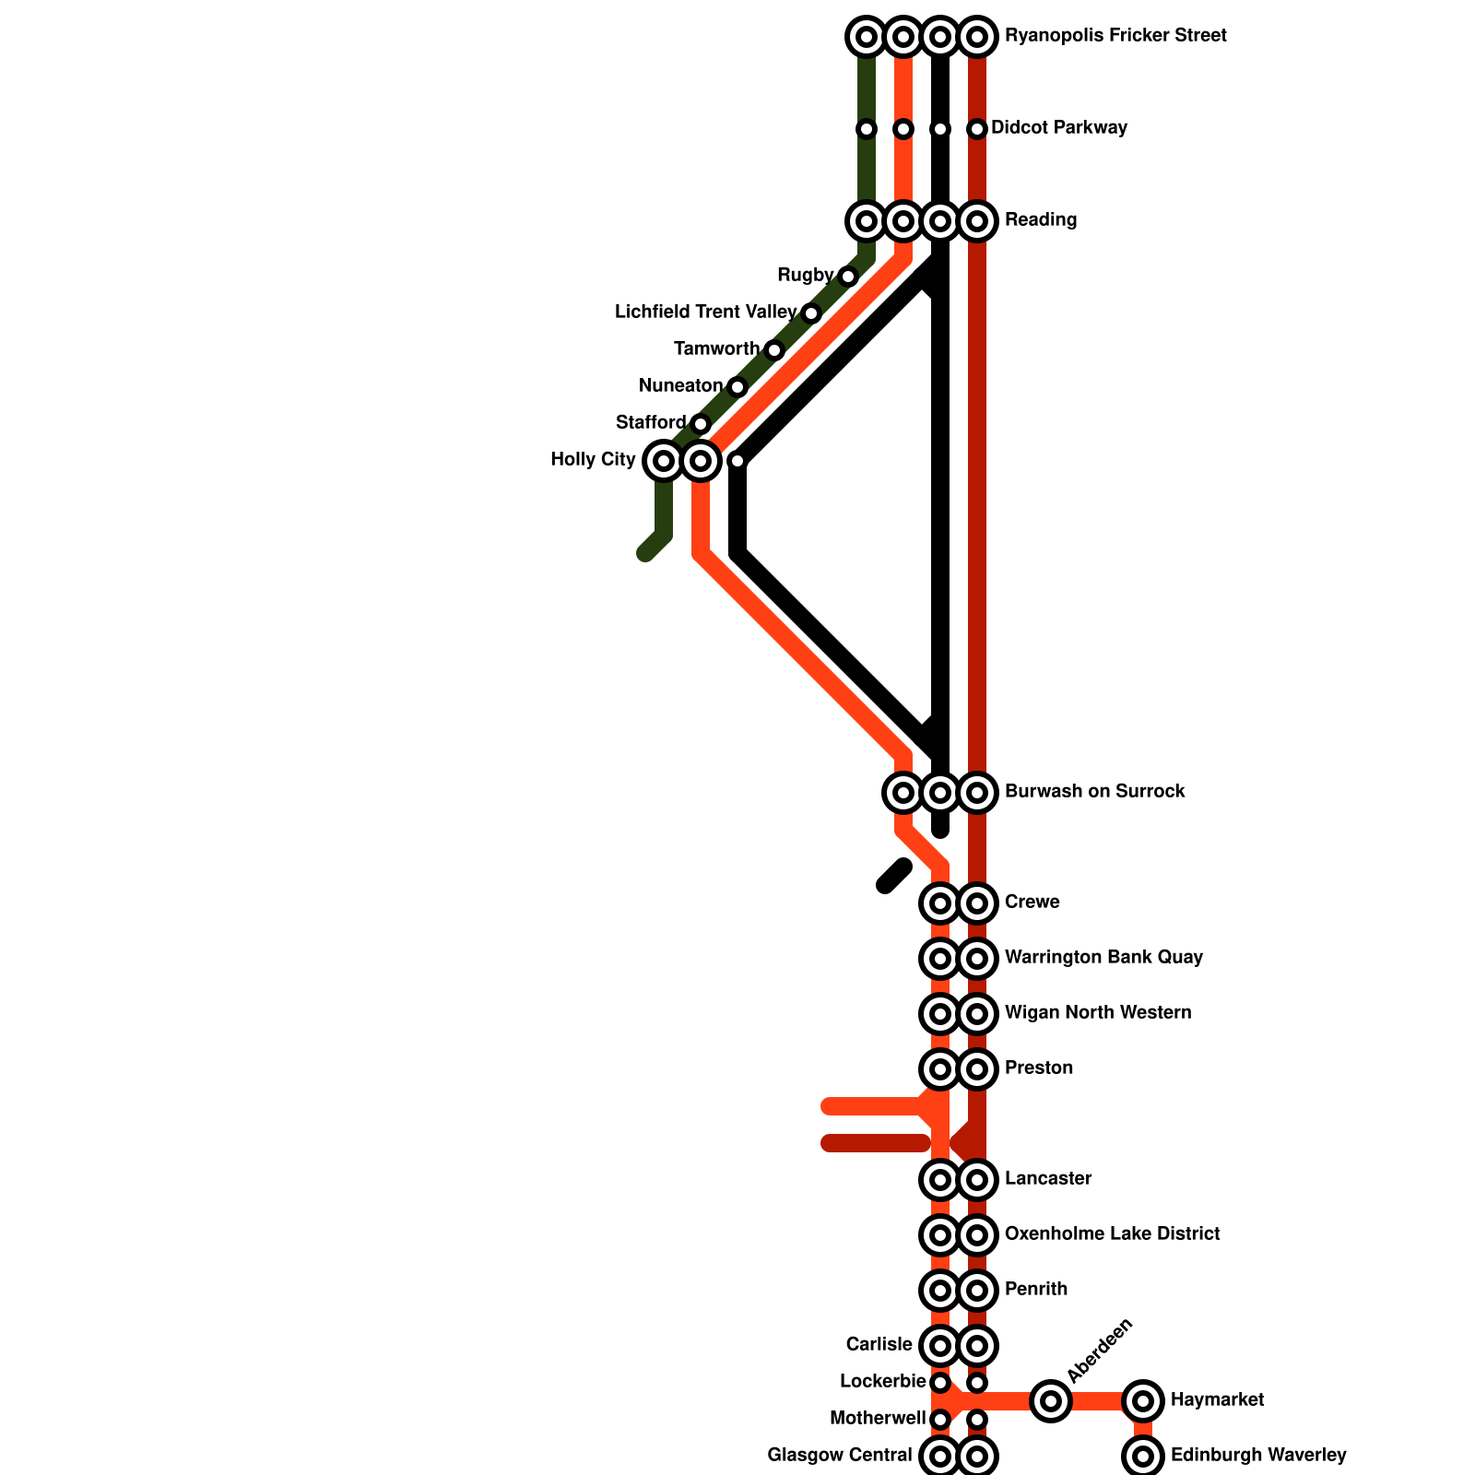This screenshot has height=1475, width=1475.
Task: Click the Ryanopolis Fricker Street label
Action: tap(1115, 36)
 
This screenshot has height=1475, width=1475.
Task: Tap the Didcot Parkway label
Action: tap(1058, 128)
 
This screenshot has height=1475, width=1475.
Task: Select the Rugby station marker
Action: tap(848, 276)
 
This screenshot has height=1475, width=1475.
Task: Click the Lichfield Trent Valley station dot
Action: tap(811, 313)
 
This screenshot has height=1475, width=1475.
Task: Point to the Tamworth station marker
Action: tap(774, 349)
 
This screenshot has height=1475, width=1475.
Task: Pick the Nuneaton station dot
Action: tap(737, 386)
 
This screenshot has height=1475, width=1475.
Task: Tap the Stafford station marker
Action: tap(701, 423)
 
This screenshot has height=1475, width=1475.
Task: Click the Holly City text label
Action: tap(593, 460)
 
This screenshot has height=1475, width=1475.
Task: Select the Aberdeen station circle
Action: tap(1050, 1401)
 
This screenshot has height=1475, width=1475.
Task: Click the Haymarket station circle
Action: tap(1143, 1401)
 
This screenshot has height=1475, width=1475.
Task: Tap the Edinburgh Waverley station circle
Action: tap(1143, 1457)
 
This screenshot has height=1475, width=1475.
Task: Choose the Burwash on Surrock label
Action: tap(1094, 792)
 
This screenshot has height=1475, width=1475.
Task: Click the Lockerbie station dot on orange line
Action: tap(940, 1382)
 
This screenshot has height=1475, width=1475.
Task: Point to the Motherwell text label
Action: tap(877, 1419)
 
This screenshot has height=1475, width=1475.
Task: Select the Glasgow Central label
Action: tap(839, 1456)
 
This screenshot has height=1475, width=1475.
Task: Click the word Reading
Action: tap(1041, 220)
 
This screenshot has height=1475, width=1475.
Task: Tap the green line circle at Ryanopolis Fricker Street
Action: tap(867, 37)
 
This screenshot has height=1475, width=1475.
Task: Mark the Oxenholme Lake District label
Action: tap(1112, 1234)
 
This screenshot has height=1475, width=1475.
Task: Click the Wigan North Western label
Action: tap(1097, 1013)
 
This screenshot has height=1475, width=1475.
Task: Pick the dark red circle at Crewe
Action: tap(977, 903)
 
